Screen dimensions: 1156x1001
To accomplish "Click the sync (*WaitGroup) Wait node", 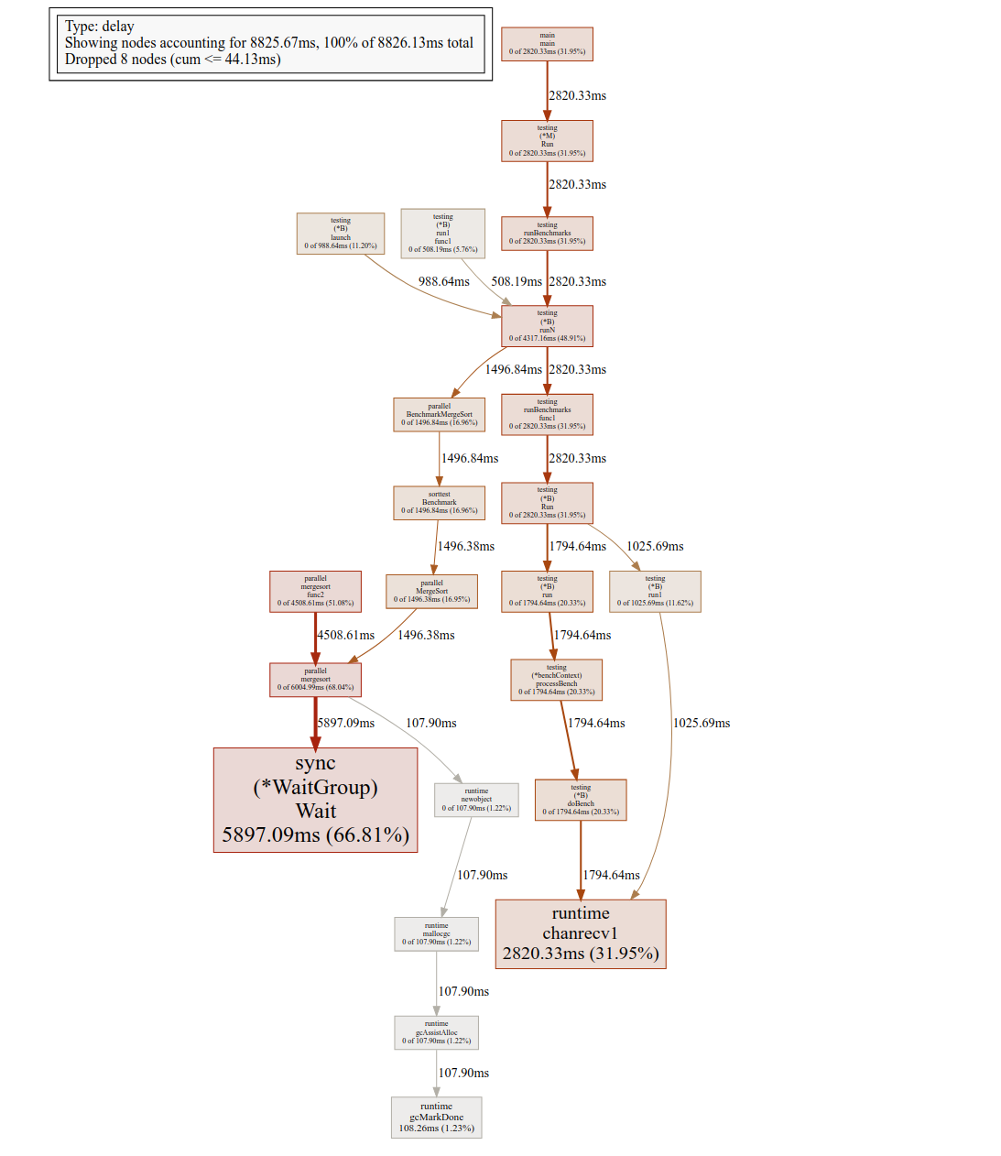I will (315, 800).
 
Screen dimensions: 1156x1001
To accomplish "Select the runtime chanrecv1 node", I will (581, 933).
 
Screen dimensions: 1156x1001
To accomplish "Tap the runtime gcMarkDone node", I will (436, 1118).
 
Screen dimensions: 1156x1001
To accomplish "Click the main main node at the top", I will (547, 44).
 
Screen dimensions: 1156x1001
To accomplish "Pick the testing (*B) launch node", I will (341, 233).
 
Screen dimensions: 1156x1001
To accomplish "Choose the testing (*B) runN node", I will (547, 326).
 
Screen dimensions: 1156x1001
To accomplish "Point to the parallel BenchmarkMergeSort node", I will (439, 414).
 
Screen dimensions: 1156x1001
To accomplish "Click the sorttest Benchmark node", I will (439, 502).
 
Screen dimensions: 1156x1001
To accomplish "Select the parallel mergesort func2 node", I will (315, 591).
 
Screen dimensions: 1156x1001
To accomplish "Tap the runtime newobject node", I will (476, 800).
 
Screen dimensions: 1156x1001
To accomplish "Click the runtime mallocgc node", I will (436, 933).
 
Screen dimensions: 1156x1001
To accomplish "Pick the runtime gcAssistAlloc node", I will (436, 1032).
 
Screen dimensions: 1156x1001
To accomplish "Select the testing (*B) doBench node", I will (581, 800).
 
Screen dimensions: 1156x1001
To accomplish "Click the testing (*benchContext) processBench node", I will (556, 680).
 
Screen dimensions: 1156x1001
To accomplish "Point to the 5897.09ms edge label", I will (346, 723).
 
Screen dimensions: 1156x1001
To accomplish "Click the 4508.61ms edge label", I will (346, 635).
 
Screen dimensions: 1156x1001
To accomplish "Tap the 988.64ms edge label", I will (444, 281).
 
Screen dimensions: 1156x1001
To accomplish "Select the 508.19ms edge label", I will (517, 281).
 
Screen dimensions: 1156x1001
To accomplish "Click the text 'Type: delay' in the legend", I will (99, 26).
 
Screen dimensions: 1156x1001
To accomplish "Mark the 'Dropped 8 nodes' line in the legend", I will (172, 60).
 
